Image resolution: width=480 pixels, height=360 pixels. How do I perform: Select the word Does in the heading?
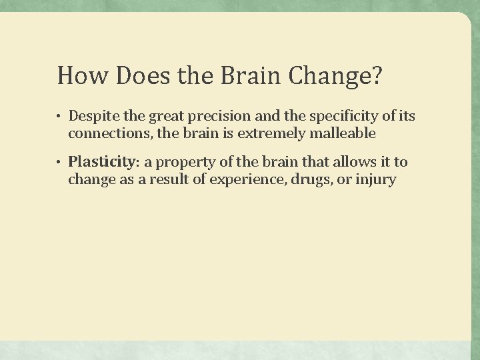134,76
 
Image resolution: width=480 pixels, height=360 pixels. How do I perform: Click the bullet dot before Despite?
59,117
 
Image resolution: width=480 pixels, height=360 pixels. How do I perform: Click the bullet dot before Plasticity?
59,162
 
